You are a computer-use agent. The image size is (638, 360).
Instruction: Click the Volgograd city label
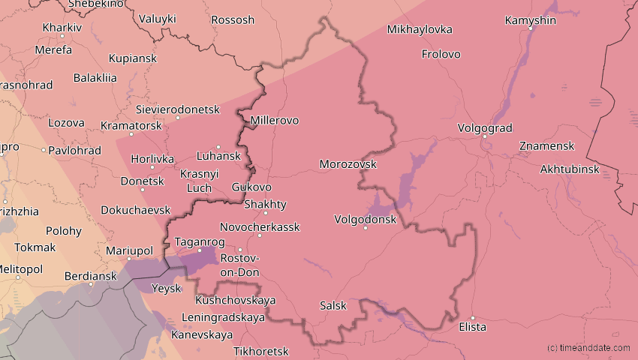(484, 127)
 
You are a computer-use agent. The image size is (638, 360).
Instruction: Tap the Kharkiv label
(62, 27)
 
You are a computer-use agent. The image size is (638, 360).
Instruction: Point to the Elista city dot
(473, 317)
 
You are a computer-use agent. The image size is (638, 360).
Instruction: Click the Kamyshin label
(530, 19)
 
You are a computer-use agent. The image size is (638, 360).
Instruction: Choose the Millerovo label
(275, 120)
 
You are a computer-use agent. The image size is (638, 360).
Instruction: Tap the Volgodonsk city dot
(366, 228)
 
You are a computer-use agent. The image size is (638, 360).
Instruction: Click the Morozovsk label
(348, 163)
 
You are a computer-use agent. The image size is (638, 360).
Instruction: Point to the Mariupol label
(129, 250)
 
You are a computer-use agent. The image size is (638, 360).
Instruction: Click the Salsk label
(333, 306)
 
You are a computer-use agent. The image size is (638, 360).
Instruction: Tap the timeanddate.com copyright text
(589, 348)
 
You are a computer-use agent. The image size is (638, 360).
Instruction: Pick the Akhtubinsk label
(570, 169)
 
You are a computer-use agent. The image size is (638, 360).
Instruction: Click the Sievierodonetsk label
(177, 109)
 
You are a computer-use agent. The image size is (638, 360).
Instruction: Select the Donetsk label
(142, 181)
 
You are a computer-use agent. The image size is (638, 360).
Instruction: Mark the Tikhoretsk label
(260, 351)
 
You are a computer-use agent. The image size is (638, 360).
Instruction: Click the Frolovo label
(441, 54)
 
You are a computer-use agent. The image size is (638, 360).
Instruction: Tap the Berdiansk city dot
(91, 284)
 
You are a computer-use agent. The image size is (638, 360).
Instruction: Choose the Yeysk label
(167, 288)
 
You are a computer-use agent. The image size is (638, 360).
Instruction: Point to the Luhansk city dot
(218, 147)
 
